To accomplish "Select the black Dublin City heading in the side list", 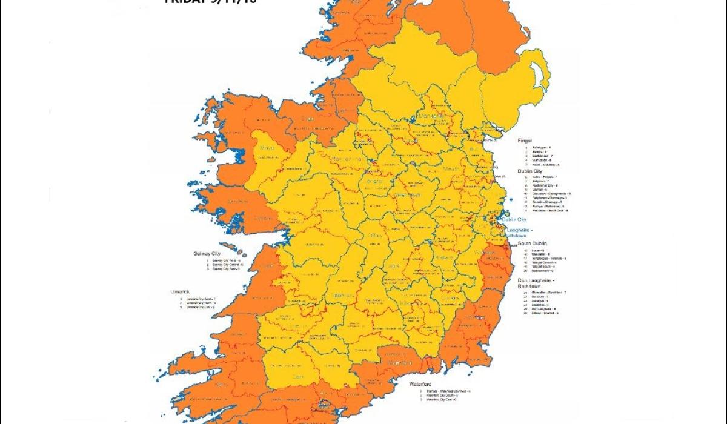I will click(531, 171).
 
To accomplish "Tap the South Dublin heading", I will click(533, 243).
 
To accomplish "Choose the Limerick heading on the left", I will click(181, 291).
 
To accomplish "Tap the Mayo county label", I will click(267, 147).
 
